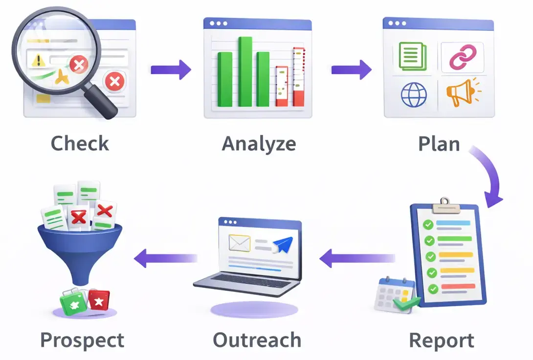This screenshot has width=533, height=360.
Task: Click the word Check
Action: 80,144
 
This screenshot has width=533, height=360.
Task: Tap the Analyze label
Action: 259,144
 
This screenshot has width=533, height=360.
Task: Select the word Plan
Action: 439,144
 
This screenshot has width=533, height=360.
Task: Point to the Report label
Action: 441,340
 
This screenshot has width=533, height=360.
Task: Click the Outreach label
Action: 257,340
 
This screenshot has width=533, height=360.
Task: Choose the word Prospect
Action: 82,340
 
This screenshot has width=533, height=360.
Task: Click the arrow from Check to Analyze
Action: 171,69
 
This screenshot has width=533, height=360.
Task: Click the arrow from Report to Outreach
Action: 357,258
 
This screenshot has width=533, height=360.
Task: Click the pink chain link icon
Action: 462,57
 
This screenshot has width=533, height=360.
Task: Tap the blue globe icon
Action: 414,94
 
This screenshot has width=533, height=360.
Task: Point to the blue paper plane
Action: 284,244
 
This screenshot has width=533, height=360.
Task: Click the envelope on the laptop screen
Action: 239,242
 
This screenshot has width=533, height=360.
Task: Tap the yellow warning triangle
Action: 38,61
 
